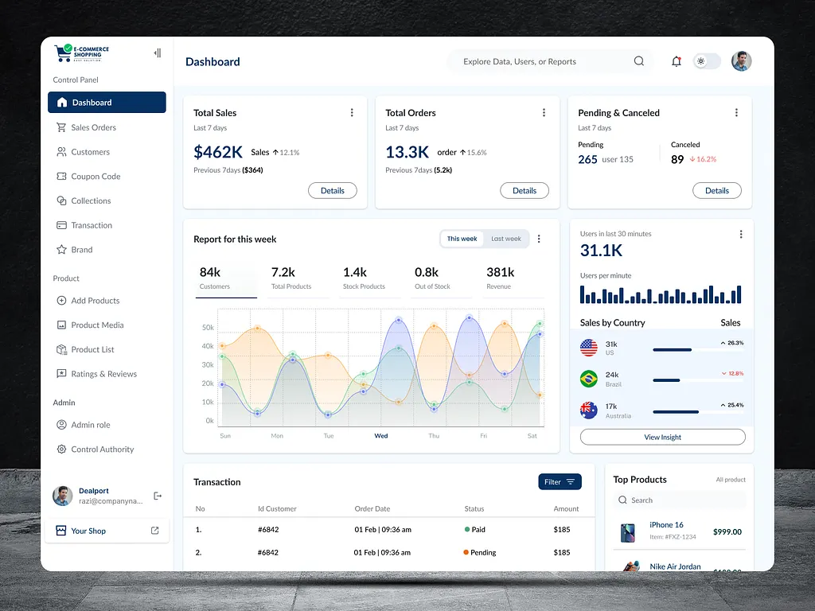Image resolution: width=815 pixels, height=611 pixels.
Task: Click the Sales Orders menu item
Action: pyautogui.click(x=93, y=127)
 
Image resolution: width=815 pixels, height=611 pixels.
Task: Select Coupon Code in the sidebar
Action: pyautogui.click(x=95, y=177)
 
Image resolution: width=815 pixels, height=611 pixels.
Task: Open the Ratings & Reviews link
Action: pyautogui.click(x=103, y=374)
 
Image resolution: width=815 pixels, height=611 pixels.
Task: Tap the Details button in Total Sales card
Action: pyautogui.click(x=333, y=191)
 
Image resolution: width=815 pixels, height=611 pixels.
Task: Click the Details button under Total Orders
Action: pyautogui.click(x=524, y=191)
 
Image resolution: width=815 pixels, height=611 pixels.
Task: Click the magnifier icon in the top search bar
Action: pyautogui.click(x=639, y=61)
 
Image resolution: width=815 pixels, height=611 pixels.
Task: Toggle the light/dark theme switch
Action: pyautogui.click(x=707, y=61)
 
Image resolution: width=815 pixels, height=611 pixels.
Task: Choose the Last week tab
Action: pyautogui.click(x=506, y=239)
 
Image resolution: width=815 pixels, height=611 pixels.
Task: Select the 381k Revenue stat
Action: pyautogui.click(x=501, y=278)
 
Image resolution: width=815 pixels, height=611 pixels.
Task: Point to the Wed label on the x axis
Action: pyautogui.click(x=381, y=436)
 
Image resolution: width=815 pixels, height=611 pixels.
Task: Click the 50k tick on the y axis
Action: pyautogui.click(x=208, y=328)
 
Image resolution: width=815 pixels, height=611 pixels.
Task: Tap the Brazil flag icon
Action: pyautogui.click(x=589, y=379)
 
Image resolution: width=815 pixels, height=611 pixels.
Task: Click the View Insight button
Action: pyautogui.click(x=662, y=437)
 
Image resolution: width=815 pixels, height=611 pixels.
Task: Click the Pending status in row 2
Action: pyautogui.click(x=482, y=552)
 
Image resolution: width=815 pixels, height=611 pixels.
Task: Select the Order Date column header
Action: pyautogui.click(x=372, y=508)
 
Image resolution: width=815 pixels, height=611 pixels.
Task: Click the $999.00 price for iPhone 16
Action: pyautogui.click(x=727, y=531)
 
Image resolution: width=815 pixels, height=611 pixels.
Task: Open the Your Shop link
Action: pyautogui.click(x=88, y=531)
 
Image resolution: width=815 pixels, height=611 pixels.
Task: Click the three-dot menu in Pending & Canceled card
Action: pyautogui.click(x=736, y=113)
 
